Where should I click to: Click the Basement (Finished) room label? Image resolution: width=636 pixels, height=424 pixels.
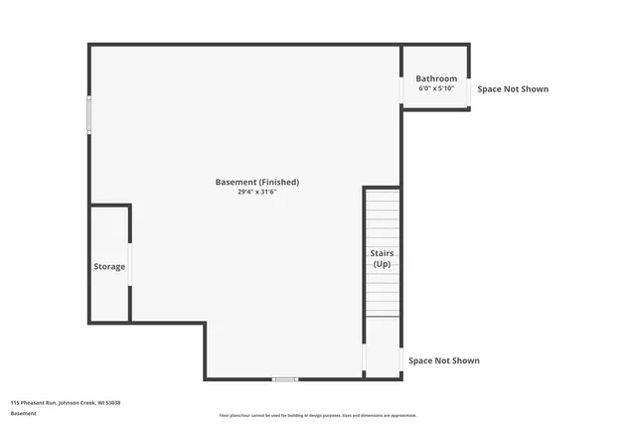point(256,182)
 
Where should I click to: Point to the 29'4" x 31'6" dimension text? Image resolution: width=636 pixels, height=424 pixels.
point(256,193)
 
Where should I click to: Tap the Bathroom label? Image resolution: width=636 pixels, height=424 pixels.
point(436,78)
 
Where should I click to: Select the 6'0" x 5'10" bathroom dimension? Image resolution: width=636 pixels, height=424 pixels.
point(436,88)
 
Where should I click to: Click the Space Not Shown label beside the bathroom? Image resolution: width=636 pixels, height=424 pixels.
point(513,89)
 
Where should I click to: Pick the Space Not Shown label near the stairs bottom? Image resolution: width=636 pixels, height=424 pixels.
point(444,360)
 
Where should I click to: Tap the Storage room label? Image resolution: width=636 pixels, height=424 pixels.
point(109,266)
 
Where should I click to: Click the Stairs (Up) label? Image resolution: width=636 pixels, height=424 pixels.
point(383,258)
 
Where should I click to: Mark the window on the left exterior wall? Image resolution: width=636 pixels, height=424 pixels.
point(89,115)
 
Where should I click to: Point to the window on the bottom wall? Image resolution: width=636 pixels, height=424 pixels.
point(285,378)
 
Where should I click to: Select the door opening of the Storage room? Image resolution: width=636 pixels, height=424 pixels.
point(130,264)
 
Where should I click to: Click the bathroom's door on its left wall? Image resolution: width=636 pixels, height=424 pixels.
point(402,90)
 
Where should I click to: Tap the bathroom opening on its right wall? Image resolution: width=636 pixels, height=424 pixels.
point(469,90)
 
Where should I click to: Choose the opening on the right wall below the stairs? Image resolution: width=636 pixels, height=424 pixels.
point(400,360)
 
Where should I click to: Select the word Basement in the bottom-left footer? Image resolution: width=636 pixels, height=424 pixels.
point(23,413)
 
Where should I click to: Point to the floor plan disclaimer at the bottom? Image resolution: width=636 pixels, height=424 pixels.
point(318,415)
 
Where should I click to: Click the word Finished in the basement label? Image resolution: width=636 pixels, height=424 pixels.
point(278,182)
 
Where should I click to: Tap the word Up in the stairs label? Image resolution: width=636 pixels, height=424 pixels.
point(383,264)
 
